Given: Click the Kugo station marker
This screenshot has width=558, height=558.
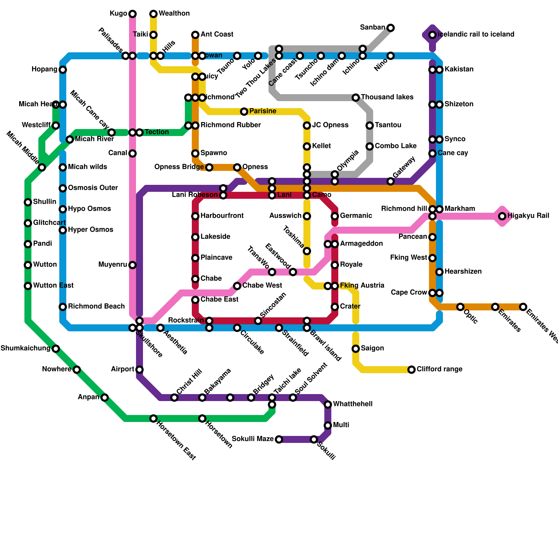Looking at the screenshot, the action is click(x=133, y=14).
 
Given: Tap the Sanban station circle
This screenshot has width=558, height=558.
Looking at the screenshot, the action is click(x=391, y=28).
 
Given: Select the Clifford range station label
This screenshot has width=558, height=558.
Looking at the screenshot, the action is click(x=439, y=369).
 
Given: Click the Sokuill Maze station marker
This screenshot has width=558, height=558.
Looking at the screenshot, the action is click(x=279, y=439).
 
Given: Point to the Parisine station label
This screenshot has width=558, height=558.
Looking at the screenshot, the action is click(x=263, y=111).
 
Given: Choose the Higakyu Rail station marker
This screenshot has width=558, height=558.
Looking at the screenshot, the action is click(x=502, y=216).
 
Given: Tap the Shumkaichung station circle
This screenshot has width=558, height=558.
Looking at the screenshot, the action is click(x=56, y=349).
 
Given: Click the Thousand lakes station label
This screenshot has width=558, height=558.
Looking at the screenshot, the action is click(x=387, y=97).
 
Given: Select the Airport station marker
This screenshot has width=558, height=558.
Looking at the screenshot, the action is click(x=139, y=370).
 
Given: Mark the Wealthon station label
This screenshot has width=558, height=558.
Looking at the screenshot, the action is click(x=174, y=13).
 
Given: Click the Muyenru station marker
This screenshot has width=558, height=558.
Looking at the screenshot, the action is click(x=133, y=265).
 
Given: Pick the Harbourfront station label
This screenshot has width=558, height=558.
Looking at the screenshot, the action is click(x=222, y=216).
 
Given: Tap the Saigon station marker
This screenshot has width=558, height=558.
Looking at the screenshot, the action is click(x=356, y=349).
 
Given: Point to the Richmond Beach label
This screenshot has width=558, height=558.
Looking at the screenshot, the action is click(x=96, y=306).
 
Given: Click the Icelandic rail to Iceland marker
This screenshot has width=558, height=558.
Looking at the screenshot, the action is click(x=432, y=35).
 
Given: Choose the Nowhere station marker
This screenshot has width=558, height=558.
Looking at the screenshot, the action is click(x=77, y=370).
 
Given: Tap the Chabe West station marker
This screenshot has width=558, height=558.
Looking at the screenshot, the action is click(x=237, y=286).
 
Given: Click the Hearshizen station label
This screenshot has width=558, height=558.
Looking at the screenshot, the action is click(x=463, y=271).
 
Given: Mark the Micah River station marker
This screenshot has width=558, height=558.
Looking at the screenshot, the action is click(x=70, y=139).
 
